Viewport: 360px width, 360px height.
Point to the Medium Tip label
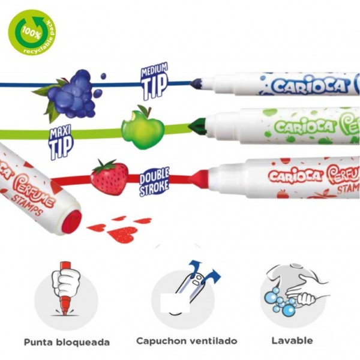[x=154, y=80]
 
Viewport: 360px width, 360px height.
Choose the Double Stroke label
[x=154, y=182]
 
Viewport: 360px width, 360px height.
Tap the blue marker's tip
[x=197, y=85]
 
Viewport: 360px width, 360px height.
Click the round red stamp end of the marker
[x=71, y=223]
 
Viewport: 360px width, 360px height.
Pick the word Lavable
[x=292, y=340]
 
